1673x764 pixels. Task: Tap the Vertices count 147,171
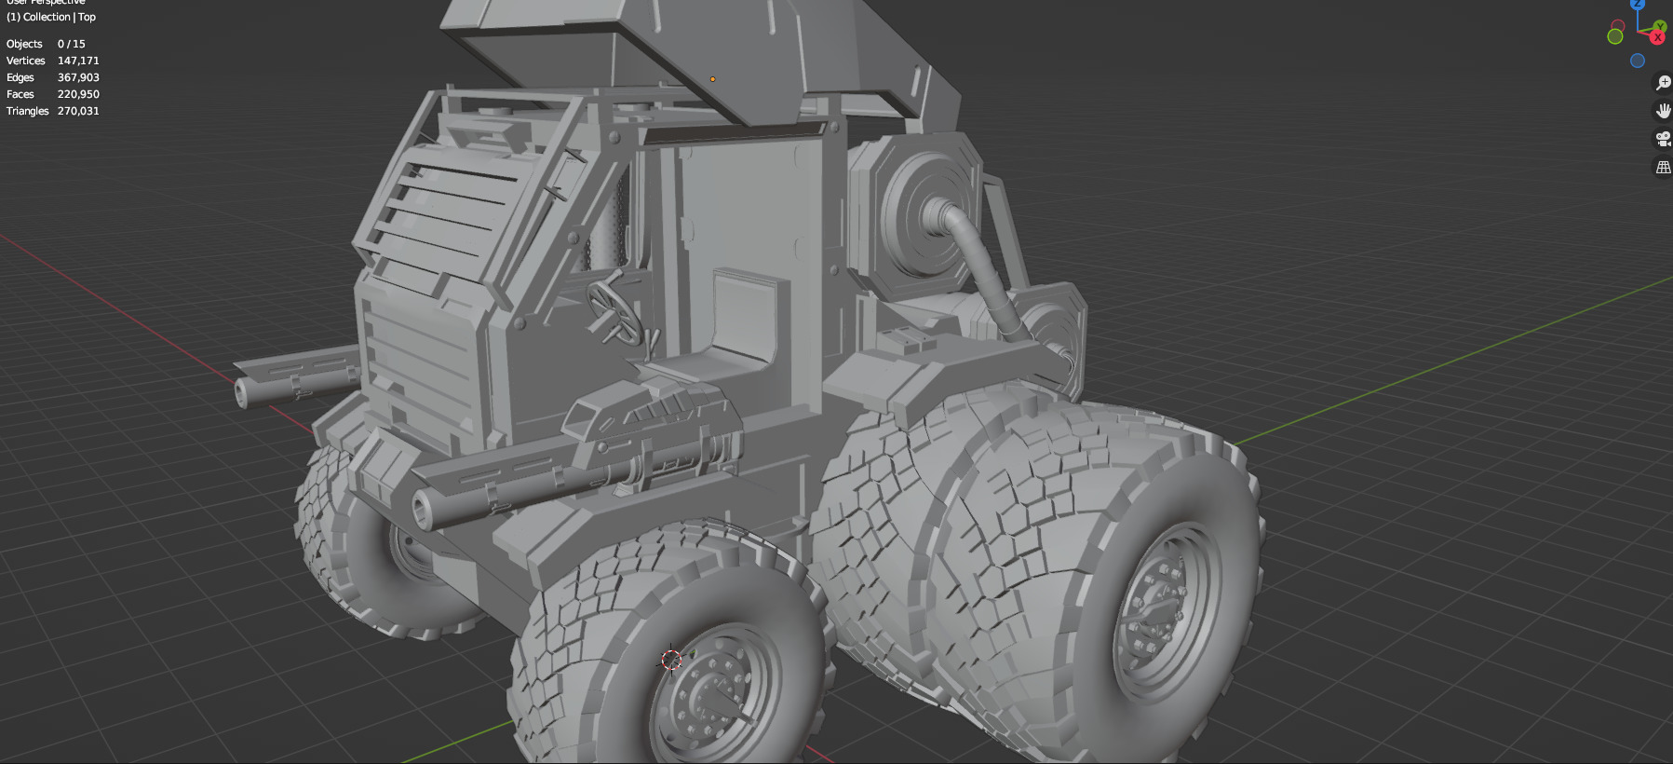78,61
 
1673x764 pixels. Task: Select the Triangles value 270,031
78,111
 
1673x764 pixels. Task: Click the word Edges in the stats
20,77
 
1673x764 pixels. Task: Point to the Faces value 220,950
78,94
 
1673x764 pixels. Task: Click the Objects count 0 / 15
71,44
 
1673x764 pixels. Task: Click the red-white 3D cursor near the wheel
671,660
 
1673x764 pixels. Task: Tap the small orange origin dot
713,79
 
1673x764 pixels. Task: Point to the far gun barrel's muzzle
241,392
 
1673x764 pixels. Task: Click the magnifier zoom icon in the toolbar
1663,83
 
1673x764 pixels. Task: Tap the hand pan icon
1663,111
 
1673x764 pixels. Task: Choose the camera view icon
1663,139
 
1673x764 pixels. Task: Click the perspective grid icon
1663,168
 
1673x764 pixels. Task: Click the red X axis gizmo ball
1657,37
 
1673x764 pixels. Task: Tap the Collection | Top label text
51,17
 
